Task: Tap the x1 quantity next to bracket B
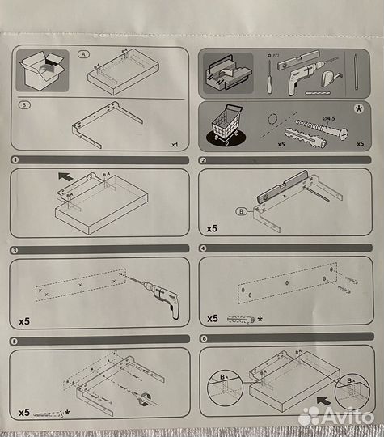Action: tap(174, 145)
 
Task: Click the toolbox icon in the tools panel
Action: tap(228, 72)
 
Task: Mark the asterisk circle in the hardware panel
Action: tap(358, 108)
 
